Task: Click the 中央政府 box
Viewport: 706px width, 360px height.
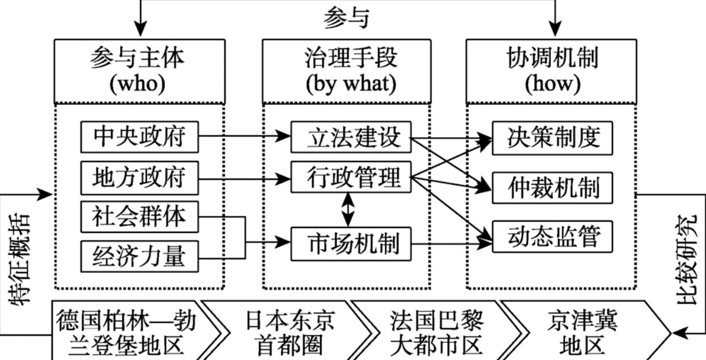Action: pyautogui.click(x=139, y=137)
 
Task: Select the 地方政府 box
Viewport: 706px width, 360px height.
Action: pyautogui.click(x=139, y=177)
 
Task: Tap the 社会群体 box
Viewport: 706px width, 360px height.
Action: pyautogui.click(x=139, y=216)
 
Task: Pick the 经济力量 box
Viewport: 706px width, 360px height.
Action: pyautogui.click(x=139, y=256)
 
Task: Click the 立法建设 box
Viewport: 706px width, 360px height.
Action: pyautogui.click(x=350, y=137)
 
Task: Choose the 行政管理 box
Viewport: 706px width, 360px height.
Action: pyautogui.click(x=350, y=177)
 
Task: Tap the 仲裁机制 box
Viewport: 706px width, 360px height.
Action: pyautogui.click(x=552, y=187)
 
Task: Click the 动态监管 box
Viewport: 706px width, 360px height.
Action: pyautogui.click(x=552, y=236)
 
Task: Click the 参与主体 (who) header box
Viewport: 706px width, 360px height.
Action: pyautogui.click(x=139, y=71)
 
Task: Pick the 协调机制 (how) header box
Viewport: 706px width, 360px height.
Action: pyautogui.click(x=552, y=71)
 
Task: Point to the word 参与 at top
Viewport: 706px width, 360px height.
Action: pyautogui.click(x=346, y=18)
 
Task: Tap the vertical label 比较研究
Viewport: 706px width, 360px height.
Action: pyautogui.click(x=689, y=261)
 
